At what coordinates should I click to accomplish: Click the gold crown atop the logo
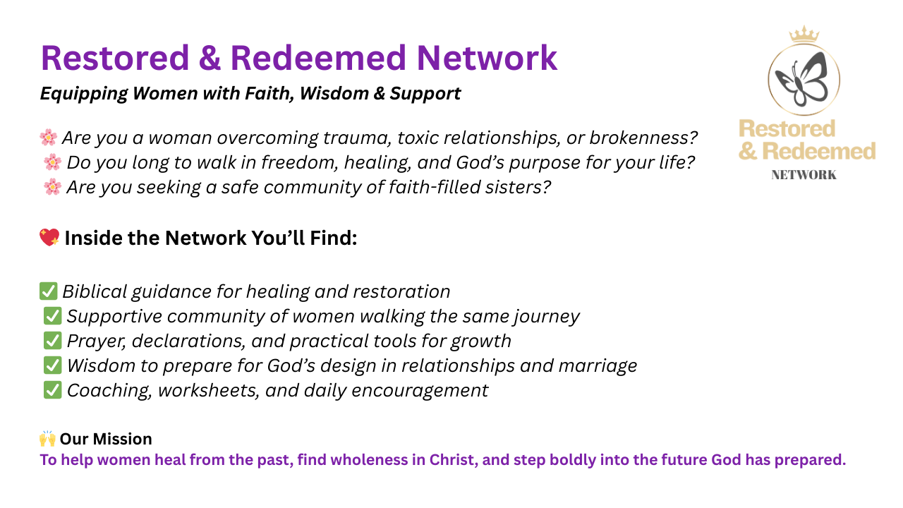(804, 34)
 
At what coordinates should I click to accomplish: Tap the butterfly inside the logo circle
(801, 80)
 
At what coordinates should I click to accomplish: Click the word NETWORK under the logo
(804, 175)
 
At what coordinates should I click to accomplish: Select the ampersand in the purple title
(210, 59)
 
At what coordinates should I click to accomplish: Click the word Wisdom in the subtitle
(334, 94)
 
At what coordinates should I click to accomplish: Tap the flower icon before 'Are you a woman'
(49, 138)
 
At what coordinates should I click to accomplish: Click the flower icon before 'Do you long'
(52, 162)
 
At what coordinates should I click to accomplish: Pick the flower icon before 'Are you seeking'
(52, 187)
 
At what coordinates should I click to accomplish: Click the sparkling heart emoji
(49, 237)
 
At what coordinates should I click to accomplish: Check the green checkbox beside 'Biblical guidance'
(49, 291)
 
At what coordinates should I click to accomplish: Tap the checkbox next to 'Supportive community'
(52, 316)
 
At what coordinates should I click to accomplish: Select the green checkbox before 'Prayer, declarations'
(52, 341)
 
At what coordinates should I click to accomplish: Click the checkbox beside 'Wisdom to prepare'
(52, 365)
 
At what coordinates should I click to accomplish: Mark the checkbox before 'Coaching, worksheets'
(52, 390)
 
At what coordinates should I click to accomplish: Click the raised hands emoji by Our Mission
(47, 438)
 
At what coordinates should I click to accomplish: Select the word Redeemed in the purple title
(318, 59)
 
